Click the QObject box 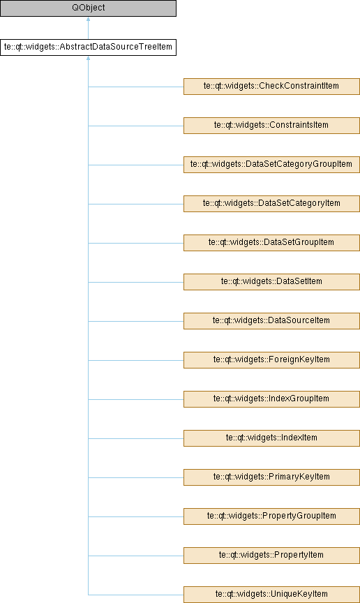point(88,8)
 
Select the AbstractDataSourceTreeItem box point(88,47)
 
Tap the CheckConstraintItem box point(271,87)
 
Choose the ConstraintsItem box point(271,126)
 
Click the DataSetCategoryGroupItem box point(271,165)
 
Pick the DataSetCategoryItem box point(271,203)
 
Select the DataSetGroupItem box point(271,243)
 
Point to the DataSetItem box point(271,282)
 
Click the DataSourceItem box point(271,321)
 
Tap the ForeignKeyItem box point(271,360)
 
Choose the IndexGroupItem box point(271,399)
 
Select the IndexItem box point(271,438)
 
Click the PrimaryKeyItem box point(271,477)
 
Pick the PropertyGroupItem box point(271,516)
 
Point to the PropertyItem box point(271,556)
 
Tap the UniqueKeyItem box point(271,595)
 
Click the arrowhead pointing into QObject point(88,19)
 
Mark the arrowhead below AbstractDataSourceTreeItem point(88,58)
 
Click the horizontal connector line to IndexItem point(136,438)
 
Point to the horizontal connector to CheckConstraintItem point(136,87)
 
